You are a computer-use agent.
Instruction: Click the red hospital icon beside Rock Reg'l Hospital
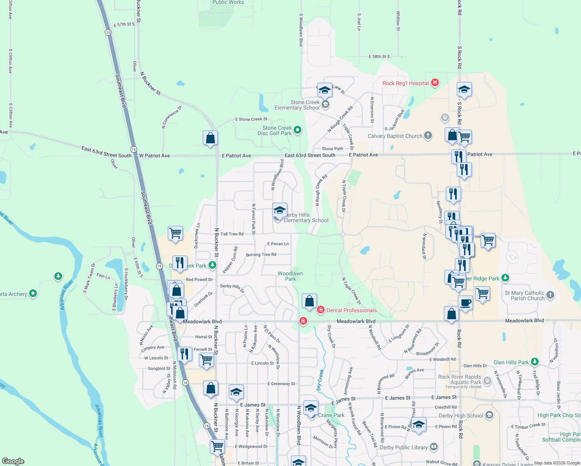[x=435, y=82]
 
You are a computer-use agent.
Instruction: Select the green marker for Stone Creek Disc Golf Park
[x=297, y=130]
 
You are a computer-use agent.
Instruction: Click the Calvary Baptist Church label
[x=395, y=136]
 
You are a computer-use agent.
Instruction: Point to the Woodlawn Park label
[x=290, y=276]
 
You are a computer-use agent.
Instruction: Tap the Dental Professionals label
[x=351, y=310]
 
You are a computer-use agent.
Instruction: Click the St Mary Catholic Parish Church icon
[x=550, y=295]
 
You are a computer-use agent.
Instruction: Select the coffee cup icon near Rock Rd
[x=465, y=303]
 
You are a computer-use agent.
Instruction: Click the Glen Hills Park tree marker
[x=535, y=362]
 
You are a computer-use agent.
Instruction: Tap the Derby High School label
[x=461, y=416]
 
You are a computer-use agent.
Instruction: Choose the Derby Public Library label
[x=404, y=447]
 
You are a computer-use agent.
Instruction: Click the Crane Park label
[x=331, y=415]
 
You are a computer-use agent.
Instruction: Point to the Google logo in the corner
[x=13, y=461]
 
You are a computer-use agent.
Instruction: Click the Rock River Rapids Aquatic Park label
[x=459, y=379]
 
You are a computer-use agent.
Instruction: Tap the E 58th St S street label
[x=379, y=57]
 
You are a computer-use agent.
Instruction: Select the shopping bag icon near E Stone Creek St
[x=210, y=138]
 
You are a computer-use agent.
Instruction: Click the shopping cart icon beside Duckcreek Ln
[x=175, y=233]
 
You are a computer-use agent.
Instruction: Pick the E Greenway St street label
[x=281, y=384]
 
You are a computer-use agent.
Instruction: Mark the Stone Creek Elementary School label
[x=297, y=105]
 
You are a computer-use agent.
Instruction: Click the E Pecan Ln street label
[x=278, y=244]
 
